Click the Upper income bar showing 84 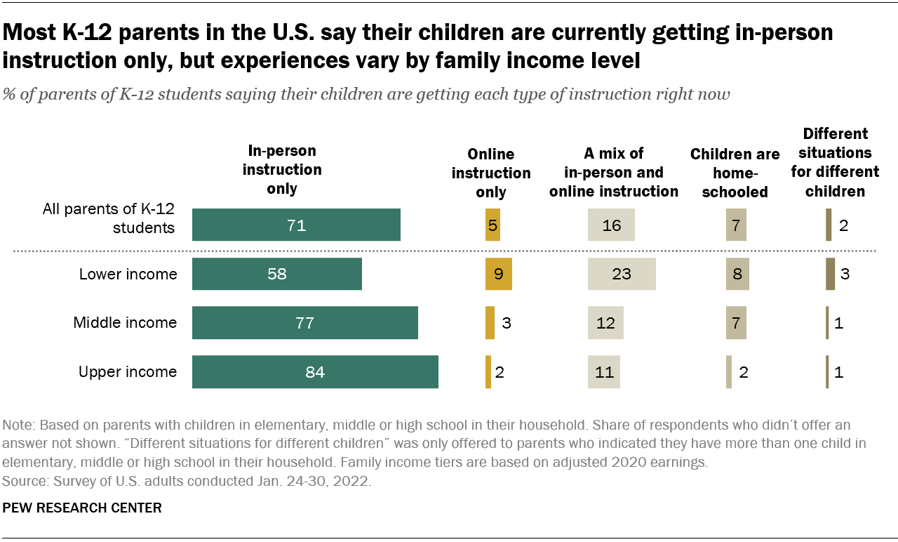click(315, 372)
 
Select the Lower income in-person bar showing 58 click(277, 274)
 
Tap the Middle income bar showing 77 click(304, 323)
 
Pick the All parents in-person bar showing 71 click(296, 225)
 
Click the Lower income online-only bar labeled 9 click(498, 274)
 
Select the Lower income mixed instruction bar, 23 click(622, 274)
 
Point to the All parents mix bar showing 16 click(611, 225)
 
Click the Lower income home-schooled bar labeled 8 click(737, 274)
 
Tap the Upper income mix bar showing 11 click(604, 372)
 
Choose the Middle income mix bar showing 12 click(605, 323)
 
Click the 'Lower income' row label click(128, 274)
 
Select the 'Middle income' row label click(125, 323)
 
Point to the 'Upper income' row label click(128, 372)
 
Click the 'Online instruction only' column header click(491, 173)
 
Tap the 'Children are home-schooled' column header click(735, 173)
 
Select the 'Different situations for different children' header click(836, 162)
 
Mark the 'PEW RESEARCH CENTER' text click(82, 508)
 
